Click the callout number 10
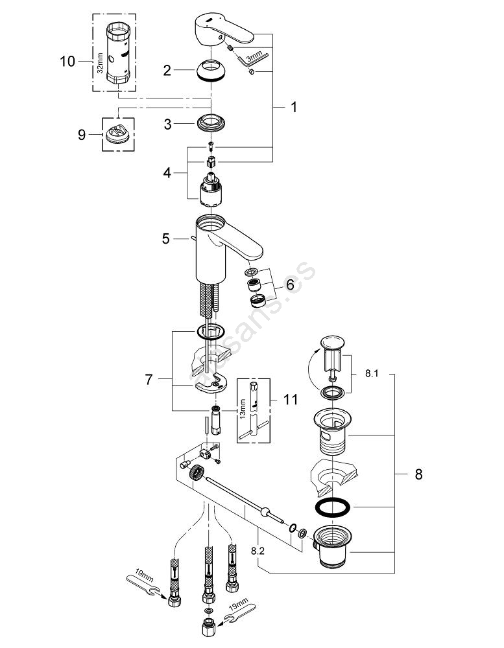(x=67, y=62)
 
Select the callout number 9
(x=82, y=134)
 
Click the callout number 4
(x=167, y=173)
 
